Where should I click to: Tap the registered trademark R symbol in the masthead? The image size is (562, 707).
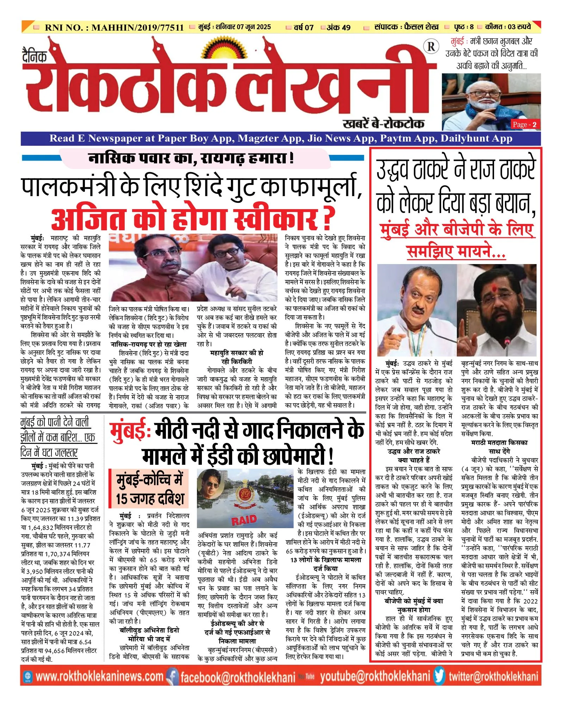point(431,47)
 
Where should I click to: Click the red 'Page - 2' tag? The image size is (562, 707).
point(525,124)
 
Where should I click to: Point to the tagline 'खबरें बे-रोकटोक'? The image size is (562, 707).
point(383,123)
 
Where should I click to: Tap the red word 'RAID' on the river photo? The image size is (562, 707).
point(244,520)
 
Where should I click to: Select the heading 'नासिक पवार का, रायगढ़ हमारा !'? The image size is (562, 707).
point(191,158)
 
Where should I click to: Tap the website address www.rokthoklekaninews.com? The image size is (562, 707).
point(99,676)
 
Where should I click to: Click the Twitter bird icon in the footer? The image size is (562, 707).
point(439,676)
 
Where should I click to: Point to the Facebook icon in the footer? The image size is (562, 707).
point(172,676)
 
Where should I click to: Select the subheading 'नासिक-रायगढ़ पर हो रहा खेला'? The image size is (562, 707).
point(149,344)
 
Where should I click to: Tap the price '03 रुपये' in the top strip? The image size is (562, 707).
point(519,27)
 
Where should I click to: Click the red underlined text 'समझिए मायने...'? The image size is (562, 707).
point(456,252)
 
